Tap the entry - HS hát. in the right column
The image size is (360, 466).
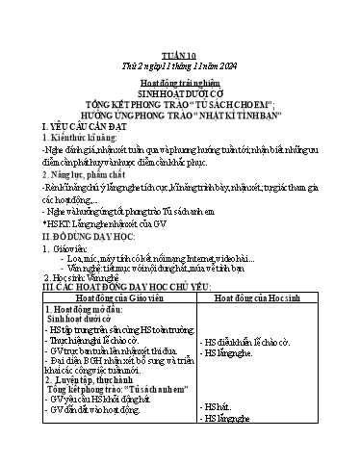coord(215,436)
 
